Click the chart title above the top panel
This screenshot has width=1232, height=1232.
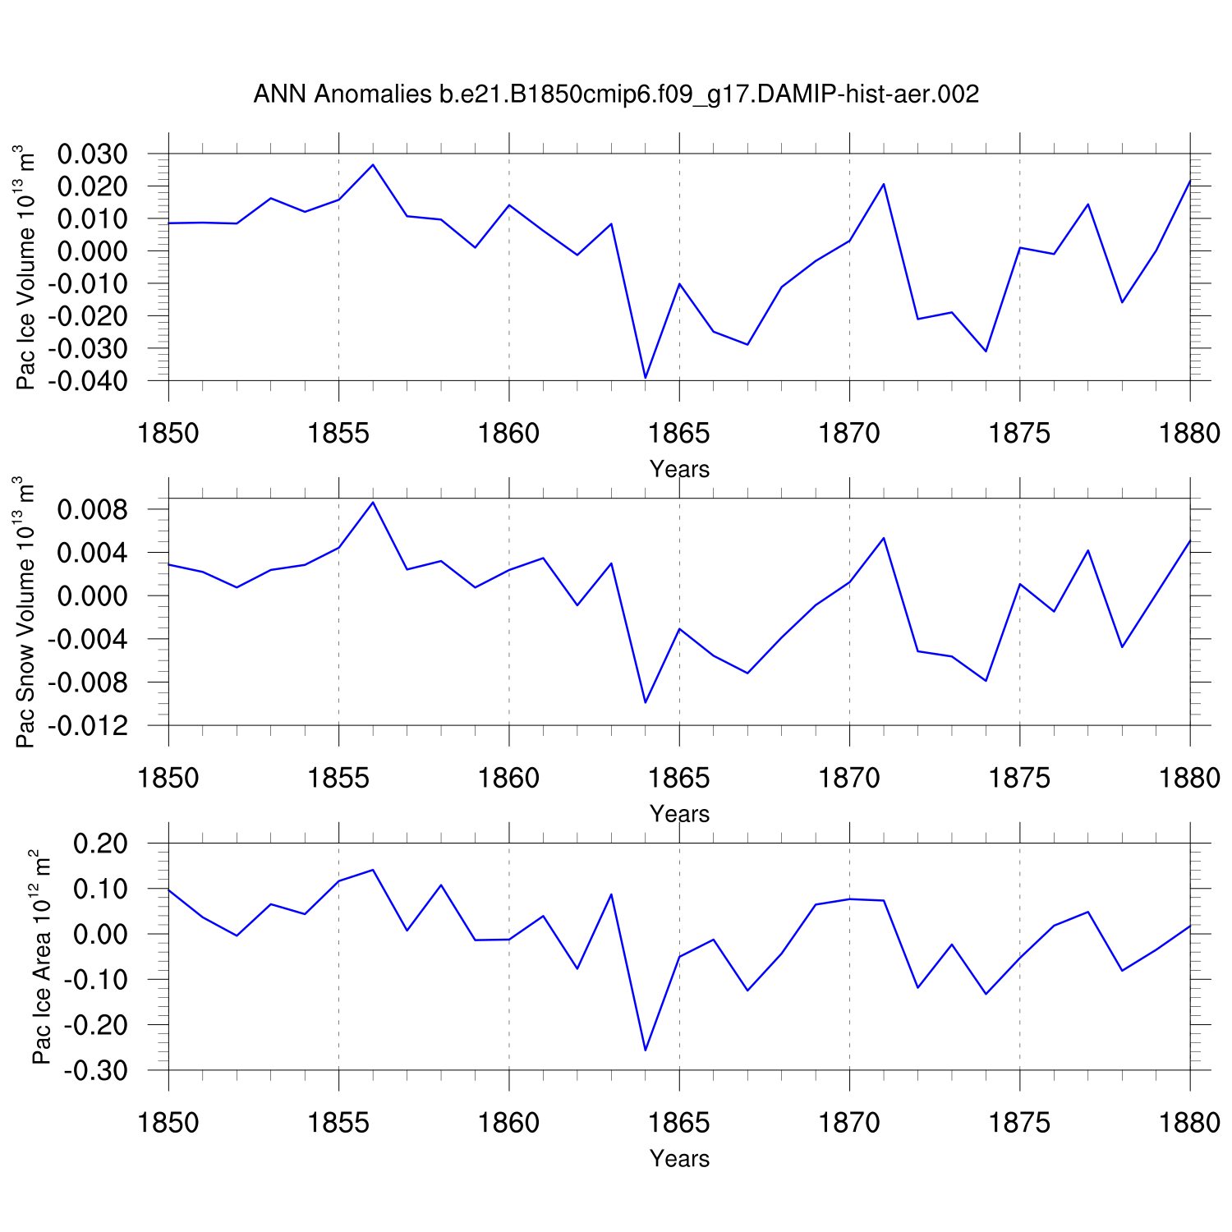(x=616, y=94)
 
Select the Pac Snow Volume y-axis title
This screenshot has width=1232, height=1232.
(x=27, y=612)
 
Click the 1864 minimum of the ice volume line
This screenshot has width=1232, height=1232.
(x=646, y=378)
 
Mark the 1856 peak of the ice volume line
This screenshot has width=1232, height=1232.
(x=373, y=165)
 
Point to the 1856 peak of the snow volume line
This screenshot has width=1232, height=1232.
(x=373, y=502)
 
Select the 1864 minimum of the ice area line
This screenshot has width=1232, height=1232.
(x=646, y=1050)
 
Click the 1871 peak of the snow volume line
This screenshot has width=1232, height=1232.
(x=884, y=538)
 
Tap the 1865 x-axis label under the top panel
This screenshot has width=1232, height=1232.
(x=679, y=433)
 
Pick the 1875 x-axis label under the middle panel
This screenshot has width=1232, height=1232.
(x=1019, y=778)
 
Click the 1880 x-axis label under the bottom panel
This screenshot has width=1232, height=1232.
(x=1189, y=1122)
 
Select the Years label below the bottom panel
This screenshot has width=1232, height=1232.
(x=679, y=1158)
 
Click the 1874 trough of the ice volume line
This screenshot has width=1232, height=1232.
(x=986, y=352)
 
